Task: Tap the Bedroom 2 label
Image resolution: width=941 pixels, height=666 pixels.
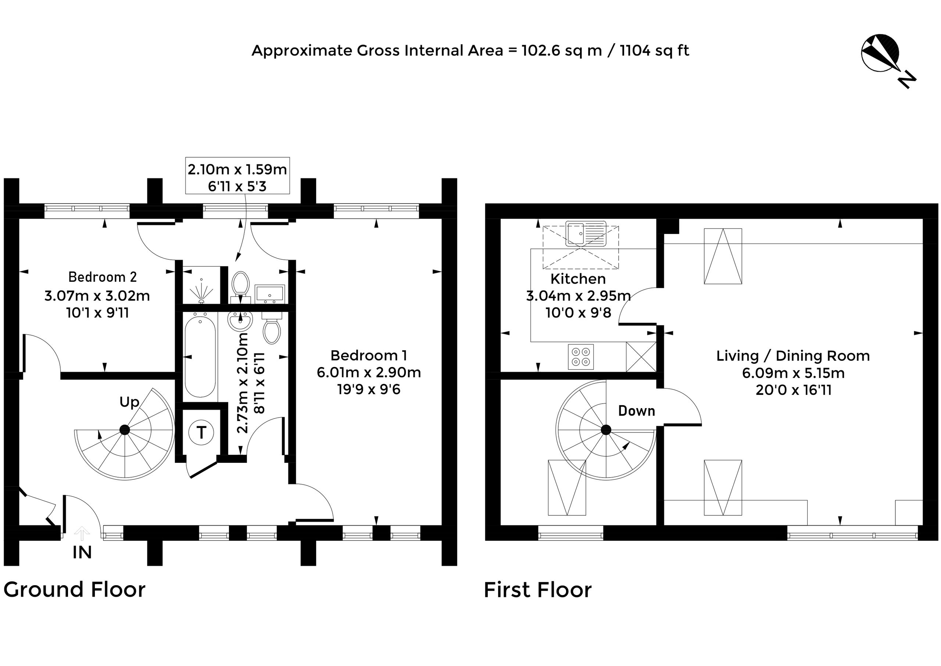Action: (x=102, y=277)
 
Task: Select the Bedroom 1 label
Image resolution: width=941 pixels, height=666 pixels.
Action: (x=369, y=355)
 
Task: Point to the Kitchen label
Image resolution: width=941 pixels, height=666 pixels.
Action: (x=578, y=279)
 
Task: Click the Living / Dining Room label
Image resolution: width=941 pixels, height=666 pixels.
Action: (x=793, y=356)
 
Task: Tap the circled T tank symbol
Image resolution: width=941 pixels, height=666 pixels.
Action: (x=201, y=432)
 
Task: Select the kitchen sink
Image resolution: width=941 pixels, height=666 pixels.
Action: (x=586, y=233)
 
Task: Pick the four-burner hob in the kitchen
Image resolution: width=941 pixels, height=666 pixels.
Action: (x=581, y=357)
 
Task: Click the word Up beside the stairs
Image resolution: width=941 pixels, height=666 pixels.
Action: (x=129, y=402)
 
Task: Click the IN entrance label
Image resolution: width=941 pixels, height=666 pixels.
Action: (x=82, y=553)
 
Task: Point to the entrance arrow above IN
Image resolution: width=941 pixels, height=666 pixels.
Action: (x=82, y=533)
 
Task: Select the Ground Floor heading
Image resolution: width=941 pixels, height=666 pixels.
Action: (x=75, y=590)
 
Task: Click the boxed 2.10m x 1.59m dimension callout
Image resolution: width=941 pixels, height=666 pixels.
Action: (x=237, y=176)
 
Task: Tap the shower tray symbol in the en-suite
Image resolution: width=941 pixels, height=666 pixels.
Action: (x=201, y=285)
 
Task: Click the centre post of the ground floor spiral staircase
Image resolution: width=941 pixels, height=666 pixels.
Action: (x=125, y=430)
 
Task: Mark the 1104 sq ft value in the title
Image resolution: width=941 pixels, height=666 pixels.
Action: (x=654, y=51)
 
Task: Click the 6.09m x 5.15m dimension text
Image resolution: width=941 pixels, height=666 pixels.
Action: (x=793, y=373)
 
